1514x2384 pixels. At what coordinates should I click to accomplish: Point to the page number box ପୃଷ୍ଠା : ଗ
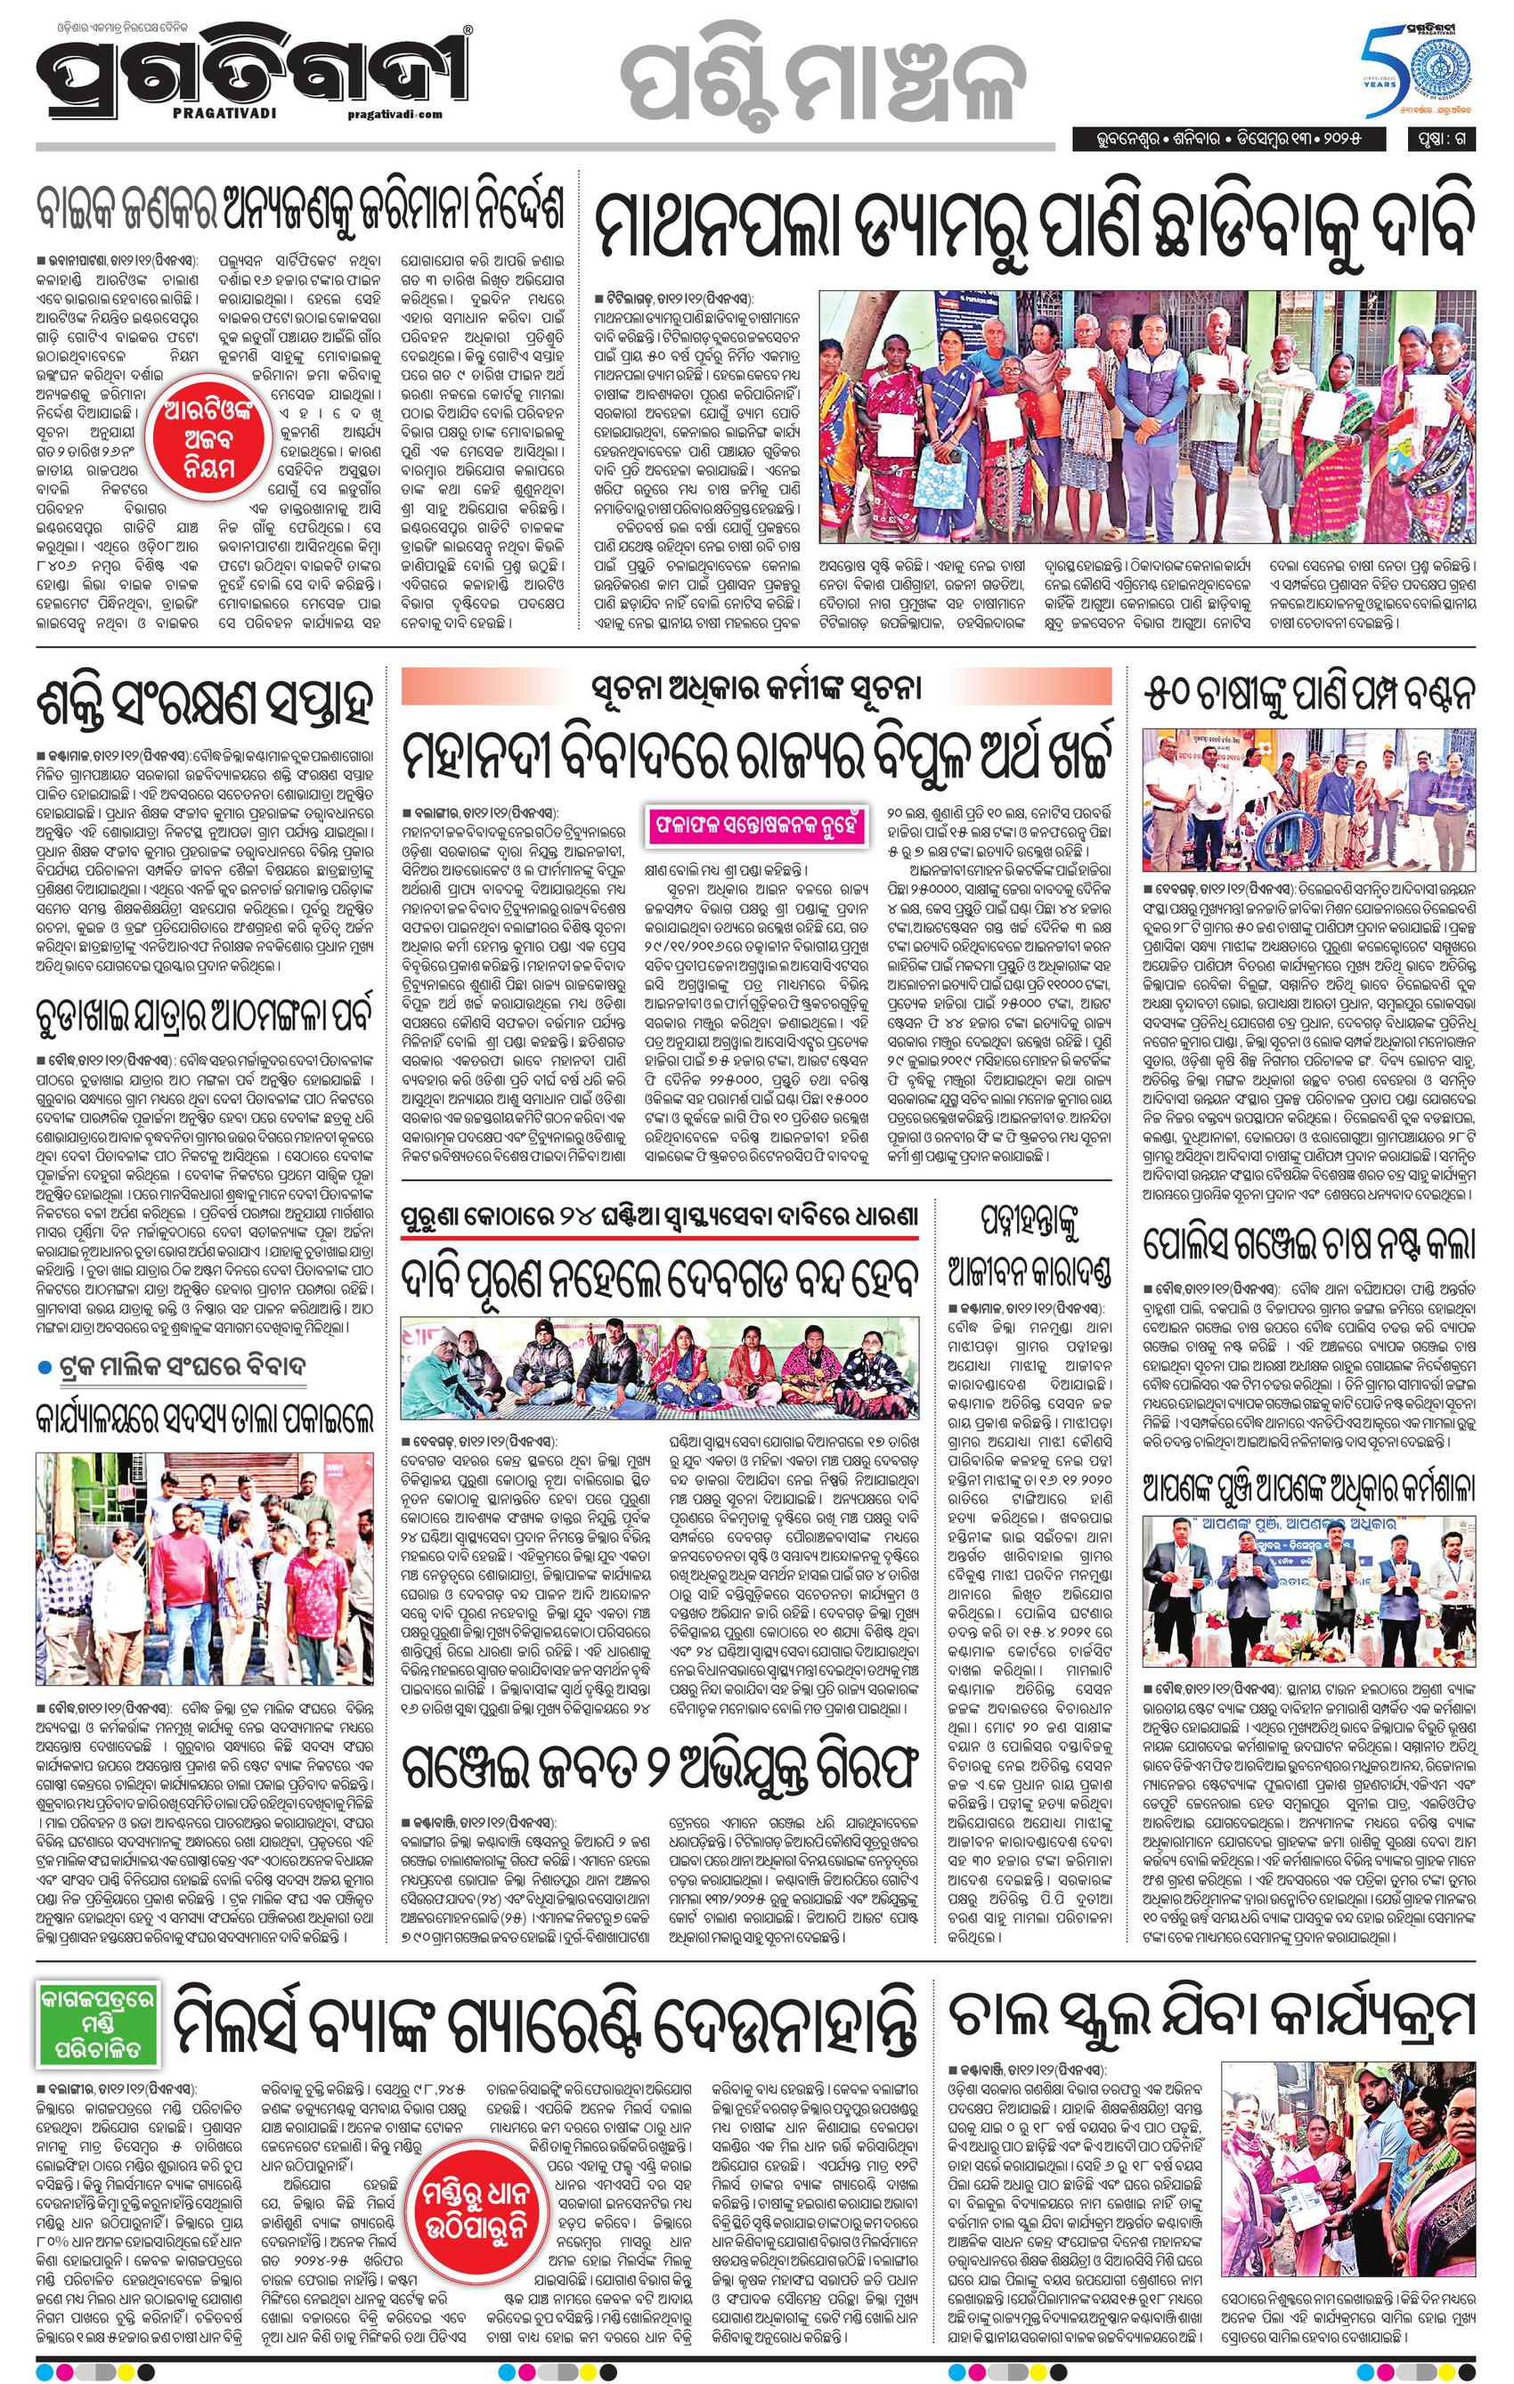(1443, 140)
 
